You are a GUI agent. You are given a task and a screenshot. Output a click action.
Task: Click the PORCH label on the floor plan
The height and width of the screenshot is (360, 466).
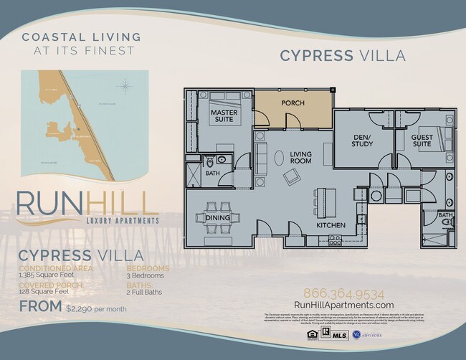(293, 103)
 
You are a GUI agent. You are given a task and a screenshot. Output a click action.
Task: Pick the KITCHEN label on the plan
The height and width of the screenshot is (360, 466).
(331, 225)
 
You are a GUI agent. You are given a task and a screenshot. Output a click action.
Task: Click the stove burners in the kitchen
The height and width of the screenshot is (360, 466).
(334, 240)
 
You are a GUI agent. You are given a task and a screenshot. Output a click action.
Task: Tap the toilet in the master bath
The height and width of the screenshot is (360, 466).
(210, 161)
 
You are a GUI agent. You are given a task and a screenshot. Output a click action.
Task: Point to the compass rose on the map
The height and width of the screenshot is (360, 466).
(126, 87)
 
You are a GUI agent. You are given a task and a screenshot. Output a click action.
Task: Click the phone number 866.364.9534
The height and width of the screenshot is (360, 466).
(343, 294)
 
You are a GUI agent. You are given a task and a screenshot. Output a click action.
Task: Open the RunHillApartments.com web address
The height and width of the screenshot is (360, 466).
(343, 306)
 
